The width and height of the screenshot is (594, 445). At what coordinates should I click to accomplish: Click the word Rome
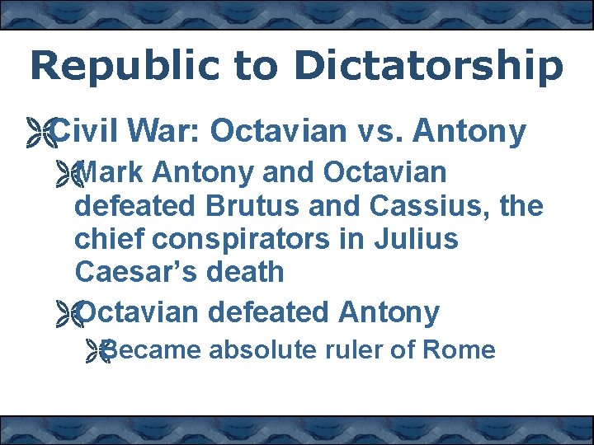tap(458, 350)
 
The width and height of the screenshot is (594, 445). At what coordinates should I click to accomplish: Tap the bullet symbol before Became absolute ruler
tap(98, 352)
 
